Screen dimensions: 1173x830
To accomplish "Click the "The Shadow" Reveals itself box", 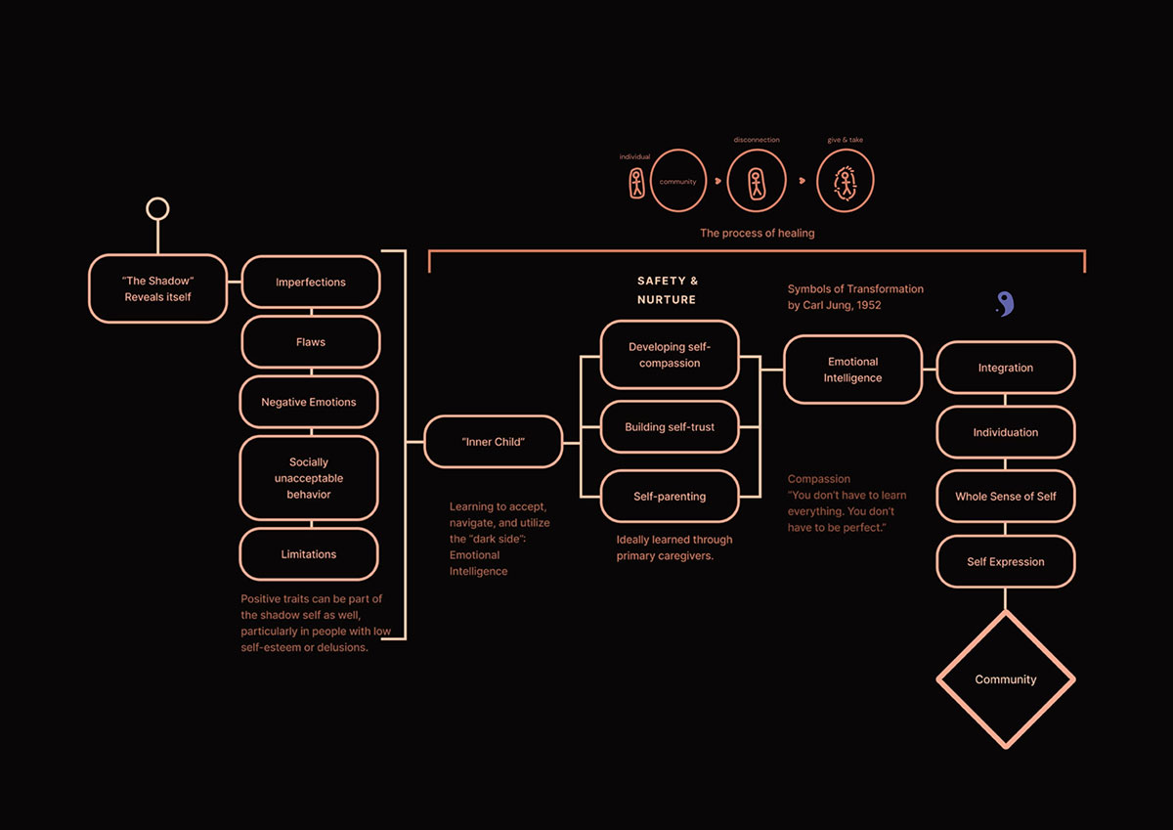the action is point(157,288).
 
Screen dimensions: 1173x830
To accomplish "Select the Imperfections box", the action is point(311,283).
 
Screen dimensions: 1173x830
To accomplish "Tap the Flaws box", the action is point(311,342).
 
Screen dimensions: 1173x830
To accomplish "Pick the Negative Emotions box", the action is point(309,402).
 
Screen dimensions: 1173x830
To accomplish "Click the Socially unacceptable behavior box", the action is point(309,478).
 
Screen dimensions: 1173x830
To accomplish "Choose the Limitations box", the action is point(309,554).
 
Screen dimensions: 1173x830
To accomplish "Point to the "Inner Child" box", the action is point(494,442).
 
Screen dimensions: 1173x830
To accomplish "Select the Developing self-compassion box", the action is point(670,355).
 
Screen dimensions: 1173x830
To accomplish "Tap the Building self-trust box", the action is point(670,427).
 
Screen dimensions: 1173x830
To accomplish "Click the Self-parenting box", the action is point(670,497).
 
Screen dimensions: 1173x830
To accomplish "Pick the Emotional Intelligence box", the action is point(853,370).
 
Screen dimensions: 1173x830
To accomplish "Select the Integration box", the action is point(1006,368).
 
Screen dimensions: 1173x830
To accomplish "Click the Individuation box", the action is point(1006,432).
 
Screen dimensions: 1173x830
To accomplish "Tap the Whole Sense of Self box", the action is point(1006,497).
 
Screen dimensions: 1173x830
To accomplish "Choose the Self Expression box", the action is point(1006,562).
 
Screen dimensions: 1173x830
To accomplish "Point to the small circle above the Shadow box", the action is point(157,197).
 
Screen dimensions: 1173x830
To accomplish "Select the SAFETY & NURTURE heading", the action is point(667,290).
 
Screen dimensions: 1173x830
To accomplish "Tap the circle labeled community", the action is point(678,150).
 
